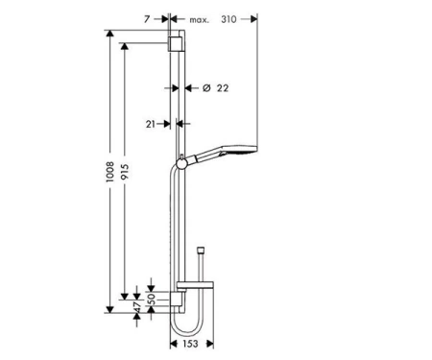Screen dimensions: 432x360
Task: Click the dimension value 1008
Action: pyautogui.click(x=110, y=172)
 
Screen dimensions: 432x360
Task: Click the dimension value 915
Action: pyautogui.click(x=125, y=172)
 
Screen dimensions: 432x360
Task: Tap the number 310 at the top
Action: pyautogui.click(x=228, y=19)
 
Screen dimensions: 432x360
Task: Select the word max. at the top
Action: pyautogui.click(x=199, y=20)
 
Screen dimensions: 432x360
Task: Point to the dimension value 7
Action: pyautogui.click(x=147, y=19)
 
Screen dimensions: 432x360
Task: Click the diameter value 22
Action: pyautogui.click(x=223, y=88)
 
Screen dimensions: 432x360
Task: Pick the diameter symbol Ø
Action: pyautogui.click(x=206, y=87)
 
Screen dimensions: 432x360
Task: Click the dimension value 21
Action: pyautogui.click(x=151, y=124)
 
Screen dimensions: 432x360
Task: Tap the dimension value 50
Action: pyautogui.click(x=151, y=299)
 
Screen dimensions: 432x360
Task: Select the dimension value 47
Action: pyautogui.click(x=137, y=307)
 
